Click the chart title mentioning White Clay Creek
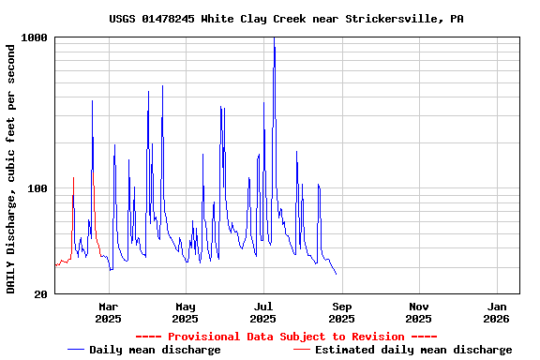[286, 19]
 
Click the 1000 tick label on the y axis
[35, 37]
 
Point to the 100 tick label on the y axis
[38, 188]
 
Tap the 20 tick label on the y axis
[41, 294]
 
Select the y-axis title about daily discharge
[11, 167]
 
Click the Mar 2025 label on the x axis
[108, 313]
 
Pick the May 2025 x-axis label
[186, 313]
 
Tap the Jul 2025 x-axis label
[263, 313]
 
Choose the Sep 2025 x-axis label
[341, 313]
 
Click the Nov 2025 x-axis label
[419, 313]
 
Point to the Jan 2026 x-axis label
[497, 313]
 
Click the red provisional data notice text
[286, 337]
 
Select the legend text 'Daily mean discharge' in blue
[156, 350]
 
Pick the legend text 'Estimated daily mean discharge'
[413, 350]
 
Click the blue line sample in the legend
[76, 350]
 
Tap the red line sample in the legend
[301, 350]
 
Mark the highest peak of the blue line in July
[274, 38]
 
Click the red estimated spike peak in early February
[73, 177]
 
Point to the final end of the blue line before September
[337, 274]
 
